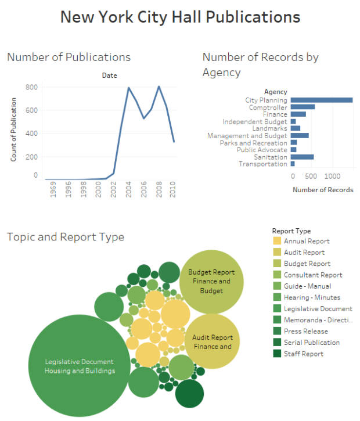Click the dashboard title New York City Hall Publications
tap(180, 17)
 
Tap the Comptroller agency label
tap(268, 107)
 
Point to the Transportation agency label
tap(262, 164)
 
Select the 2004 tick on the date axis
tap(129, 191)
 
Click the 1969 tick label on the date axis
tap(53, 191)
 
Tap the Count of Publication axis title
tap(13, 129)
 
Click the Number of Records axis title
tap(322, 190)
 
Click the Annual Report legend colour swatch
tap(277, 241)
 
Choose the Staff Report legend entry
tap(304, 354)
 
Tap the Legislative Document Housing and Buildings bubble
tap(80, 366)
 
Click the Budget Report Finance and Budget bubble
tap(211, 281)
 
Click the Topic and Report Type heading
tap(65, 237)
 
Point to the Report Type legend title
tap(291, 231)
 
